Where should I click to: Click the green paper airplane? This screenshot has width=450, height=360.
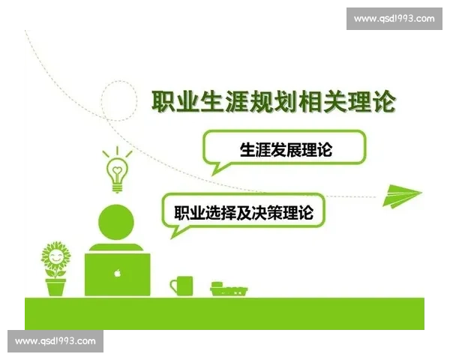402,194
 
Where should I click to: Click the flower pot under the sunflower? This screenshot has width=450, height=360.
55,286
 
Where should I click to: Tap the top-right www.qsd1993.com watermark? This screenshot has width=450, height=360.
394,18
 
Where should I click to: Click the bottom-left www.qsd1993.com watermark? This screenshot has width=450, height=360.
56,341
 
